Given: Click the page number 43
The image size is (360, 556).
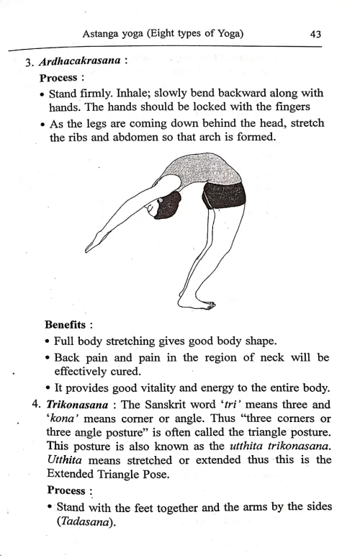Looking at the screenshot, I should pyautogui.click(x=315, y=33).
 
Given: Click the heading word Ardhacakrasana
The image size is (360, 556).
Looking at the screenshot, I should pyautogui.click(x=80, y=60).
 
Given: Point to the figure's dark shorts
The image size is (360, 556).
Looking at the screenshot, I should pyautogui.click(x=223, y=194).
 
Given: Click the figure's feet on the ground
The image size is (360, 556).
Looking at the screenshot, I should pyautogui.click(x=194, y=303).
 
